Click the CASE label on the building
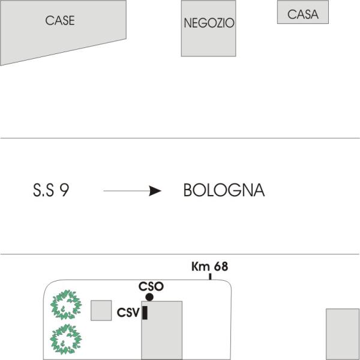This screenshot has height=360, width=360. point(60,20)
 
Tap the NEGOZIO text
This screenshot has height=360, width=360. point(209,23)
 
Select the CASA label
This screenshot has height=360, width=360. point(303,14)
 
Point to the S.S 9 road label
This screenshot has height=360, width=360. point(51,190)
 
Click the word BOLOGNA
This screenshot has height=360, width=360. point(224,190)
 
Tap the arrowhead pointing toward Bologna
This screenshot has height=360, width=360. point(155,191)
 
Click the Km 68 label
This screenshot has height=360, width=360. point(210,266)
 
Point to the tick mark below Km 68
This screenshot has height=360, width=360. point(210,277)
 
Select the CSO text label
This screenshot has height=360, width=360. point(151,287)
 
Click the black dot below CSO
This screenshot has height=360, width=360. point(149,297)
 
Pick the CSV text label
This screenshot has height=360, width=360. point(128,313)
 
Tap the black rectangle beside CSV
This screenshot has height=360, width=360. point(145,313)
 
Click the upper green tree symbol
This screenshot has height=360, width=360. point(66,305)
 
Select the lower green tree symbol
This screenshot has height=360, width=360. point(66,339)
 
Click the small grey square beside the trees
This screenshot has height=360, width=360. point(101,310)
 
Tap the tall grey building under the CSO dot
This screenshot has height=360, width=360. point(162,331)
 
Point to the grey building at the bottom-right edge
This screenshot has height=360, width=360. point(343,334)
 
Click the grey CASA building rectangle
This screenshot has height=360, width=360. point(303,12)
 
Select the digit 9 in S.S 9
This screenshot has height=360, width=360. point(64,190)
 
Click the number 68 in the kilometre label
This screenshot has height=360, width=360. point(221,266)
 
